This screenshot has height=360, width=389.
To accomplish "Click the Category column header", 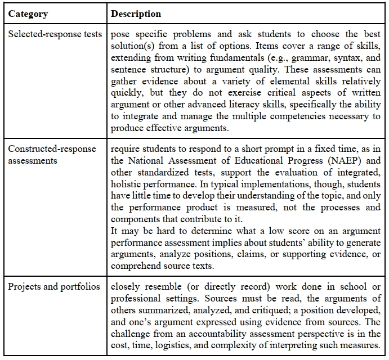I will (x=28, y=13).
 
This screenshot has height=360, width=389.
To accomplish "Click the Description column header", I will (x=136, y=13).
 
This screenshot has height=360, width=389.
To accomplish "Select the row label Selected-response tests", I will (x=55, y=34).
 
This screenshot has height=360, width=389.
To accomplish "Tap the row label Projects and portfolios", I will (x=54, y=286).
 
